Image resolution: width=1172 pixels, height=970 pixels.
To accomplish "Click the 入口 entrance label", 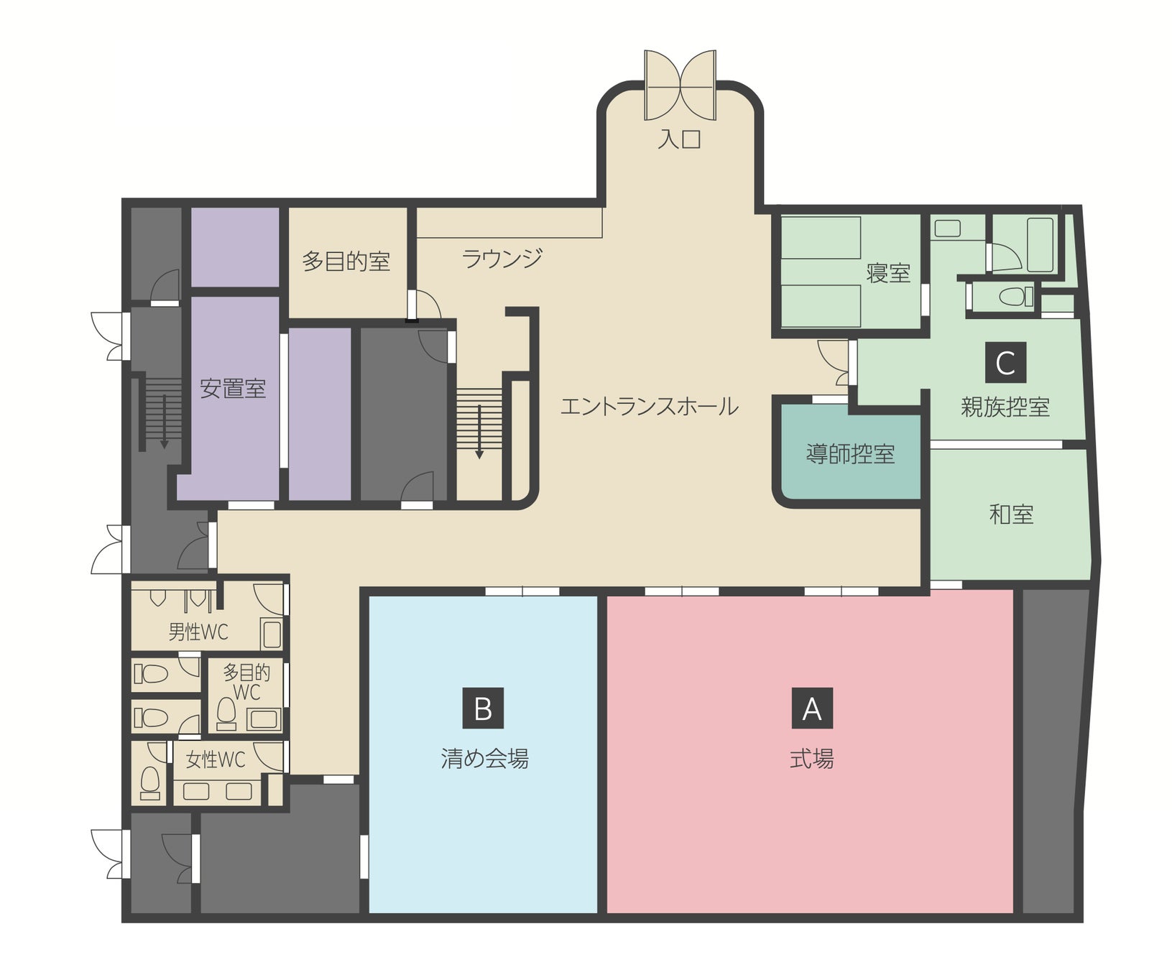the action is (679, 138).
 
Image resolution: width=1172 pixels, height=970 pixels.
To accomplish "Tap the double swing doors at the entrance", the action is (680, 85).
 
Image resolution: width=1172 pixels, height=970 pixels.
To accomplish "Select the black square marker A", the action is (811, 708).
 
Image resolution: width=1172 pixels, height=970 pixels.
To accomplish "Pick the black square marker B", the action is (483, 708).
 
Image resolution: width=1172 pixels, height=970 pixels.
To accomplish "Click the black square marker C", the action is (1005, 362).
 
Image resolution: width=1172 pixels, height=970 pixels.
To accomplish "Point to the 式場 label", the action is (812, 759).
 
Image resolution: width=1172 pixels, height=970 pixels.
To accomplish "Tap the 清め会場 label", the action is (484, 759).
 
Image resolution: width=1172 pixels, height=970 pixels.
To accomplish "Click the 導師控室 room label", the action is (850, 454).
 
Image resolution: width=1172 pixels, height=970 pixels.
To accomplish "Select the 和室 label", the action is (1012, 514).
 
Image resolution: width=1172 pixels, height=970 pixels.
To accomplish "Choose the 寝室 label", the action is (888, 273).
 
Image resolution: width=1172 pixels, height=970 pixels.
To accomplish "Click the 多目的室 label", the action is (346, 261).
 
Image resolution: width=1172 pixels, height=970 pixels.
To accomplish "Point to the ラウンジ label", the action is (502, 258).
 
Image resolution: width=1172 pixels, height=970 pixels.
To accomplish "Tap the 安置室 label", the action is (233, 389).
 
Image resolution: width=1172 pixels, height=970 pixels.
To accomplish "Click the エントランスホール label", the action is (649, 407).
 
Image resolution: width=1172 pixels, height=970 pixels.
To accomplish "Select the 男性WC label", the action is (198, 632).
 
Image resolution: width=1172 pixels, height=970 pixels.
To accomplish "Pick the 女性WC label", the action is (216, 759).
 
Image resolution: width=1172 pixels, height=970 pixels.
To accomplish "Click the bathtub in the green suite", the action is (1041, 244).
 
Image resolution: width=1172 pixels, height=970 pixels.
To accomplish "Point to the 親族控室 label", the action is (1005, 407).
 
